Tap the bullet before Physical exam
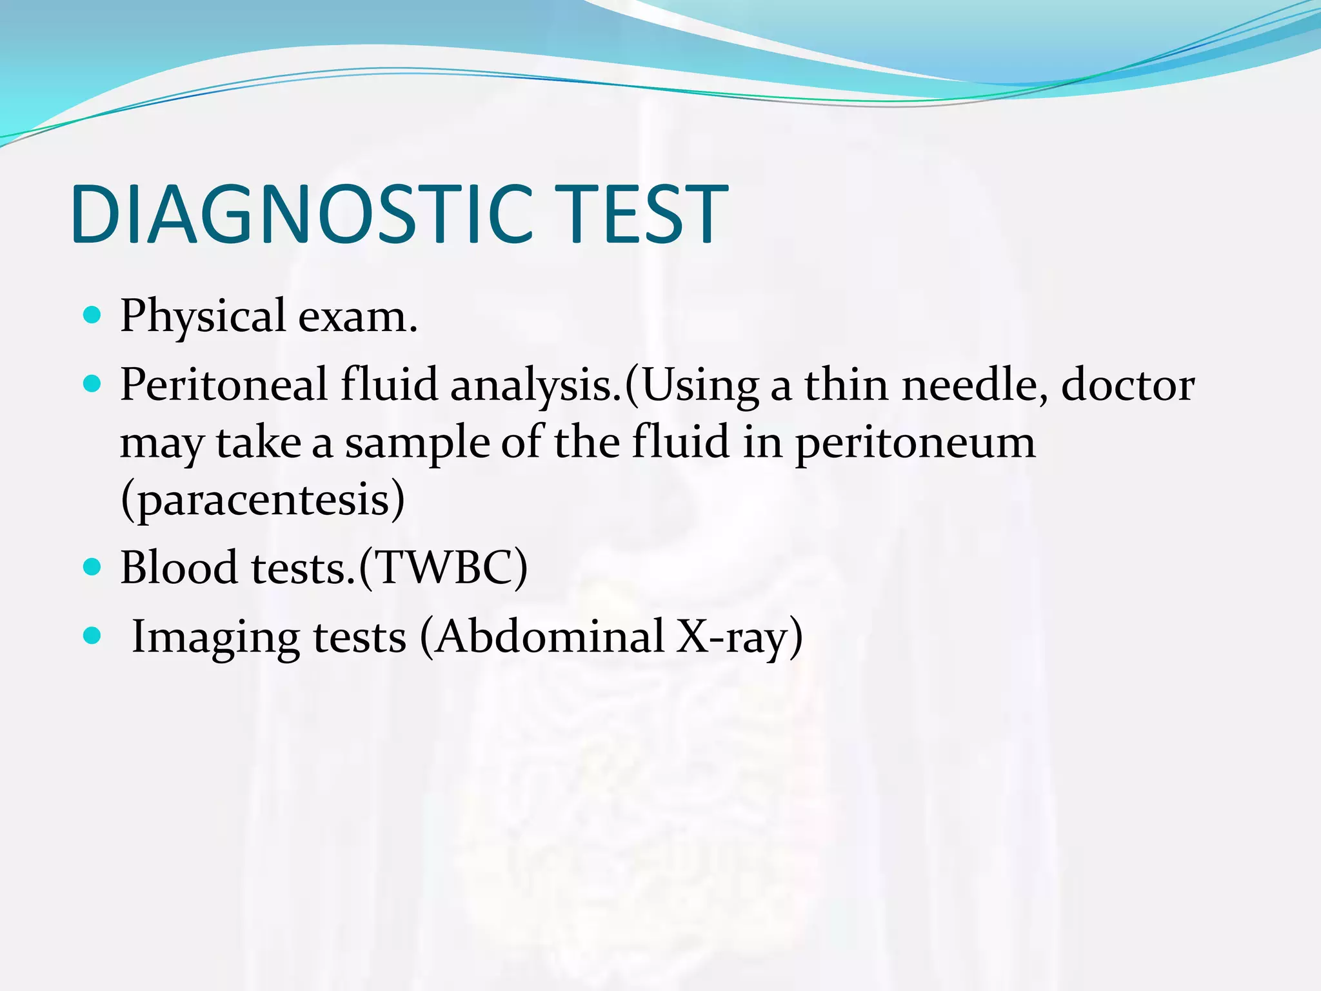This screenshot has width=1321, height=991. click(93, 315)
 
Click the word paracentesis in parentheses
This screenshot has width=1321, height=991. click(263, 501)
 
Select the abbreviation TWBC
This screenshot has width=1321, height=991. click(443, 568)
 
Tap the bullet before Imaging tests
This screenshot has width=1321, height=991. click(93, 636)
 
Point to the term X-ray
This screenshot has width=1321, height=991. click(733, 637)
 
